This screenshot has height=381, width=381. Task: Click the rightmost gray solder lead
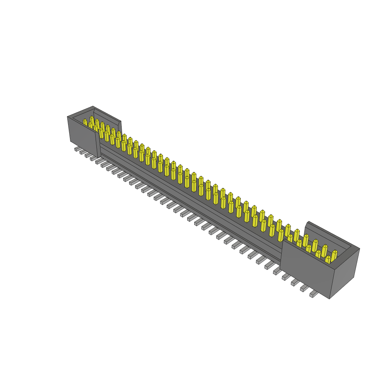coord(313,295)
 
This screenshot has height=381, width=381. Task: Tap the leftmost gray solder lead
coord(77,149)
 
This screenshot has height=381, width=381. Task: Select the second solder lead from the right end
coord(304,288)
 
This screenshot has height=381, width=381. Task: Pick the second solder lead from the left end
coord(82,152)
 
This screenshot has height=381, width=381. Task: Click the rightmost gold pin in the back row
coord(334,254)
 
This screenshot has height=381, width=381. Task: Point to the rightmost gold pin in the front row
coord(327,259)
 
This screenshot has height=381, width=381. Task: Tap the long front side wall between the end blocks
coord(186,193)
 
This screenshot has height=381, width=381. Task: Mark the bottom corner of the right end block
coord(329,298)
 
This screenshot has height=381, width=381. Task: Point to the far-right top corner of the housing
coord(359,249)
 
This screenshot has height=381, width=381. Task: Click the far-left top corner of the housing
coord(67,117)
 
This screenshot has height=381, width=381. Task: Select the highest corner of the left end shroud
coord(93,106)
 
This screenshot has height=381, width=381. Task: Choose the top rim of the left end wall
coord(80,112)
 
